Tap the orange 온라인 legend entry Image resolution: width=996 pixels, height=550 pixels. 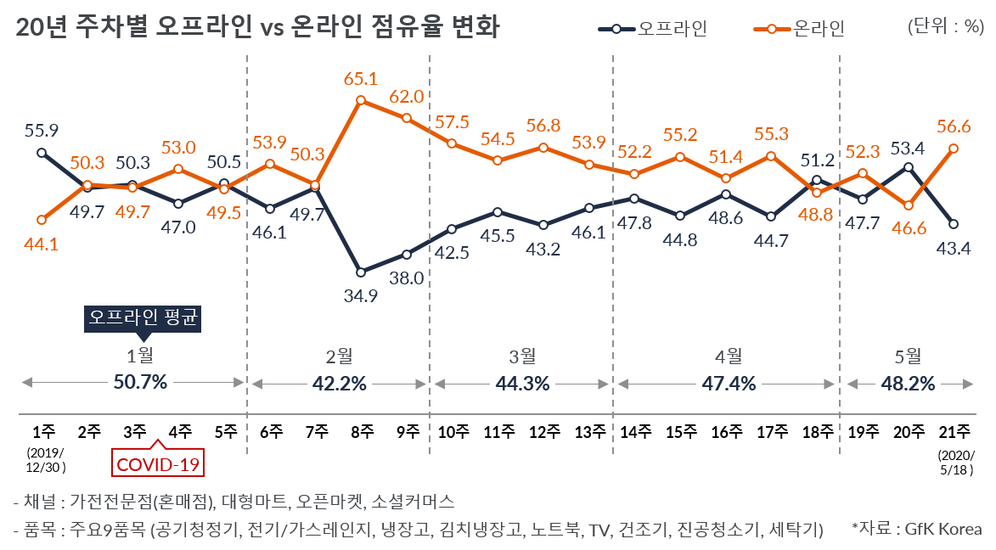(x=799, y=29)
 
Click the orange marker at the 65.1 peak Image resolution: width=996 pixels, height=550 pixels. (x=361, y=100)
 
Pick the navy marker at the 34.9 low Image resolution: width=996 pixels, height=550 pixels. (x=361, y=272)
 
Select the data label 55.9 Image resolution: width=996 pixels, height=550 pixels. (x=42, y=131)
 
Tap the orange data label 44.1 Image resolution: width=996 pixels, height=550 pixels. (x=42, y=244)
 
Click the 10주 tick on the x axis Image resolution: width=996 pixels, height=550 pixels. (x=453, y=430)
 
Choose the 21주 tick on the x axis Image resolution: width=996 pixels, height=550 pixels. (x=954, y=430)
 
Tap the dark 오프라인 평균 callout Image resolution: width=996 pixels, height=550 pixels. (x=143, y=318)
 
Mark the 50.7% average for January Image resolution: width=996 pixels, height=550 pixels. (x=140, y=383)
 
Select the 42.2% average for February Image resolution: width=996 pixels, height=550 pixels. (x=339, y=383)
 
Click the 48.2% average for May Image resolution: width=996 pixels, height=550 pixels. (x=908, y=383)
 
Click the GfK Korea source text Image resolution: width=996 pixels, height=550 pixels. (x=917, y=529)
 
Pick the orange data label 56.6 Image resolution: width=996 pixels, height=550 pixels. (x=954, y=126)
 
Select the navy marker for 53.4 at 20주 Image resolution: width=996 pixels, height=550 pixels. (x=909, y=167)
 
